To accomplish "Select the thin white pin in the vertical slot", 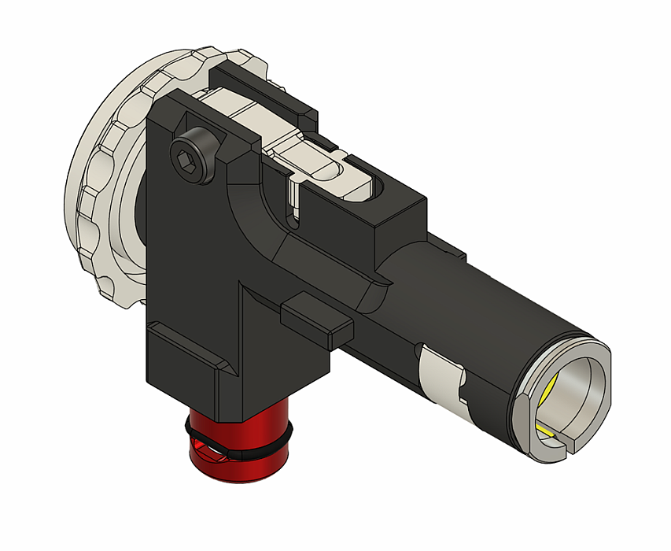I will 293,197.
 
